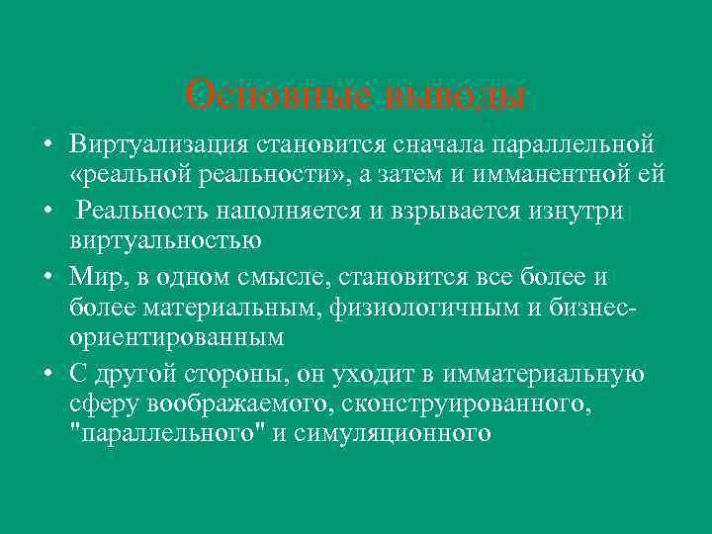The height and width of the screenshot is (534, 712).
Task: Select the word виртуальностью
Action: click(x=165, y=240)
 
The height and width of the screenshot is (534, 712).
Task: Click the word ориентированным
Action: click(x=177, y=337)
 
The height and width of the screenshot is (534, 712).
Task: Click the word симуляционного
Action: click(x=401, y=434)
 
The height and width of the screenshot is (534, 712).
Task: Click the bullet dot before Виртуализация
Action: click(x=46, y=146)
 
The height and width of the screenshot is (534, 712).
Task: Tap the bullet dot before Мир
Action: click(x=46, y=275)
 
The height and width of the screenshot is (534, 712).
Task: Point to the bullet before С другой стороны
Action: click(x=46, y=373)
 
